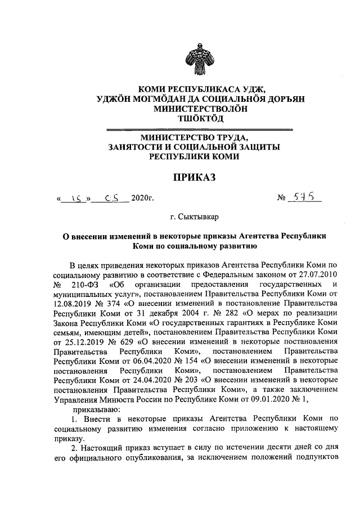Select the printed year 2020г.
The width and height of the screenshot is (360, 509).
(x=142, y=199)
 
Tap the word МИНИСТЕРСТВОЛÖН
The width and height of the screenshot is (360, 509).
(x=193, y=107)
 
